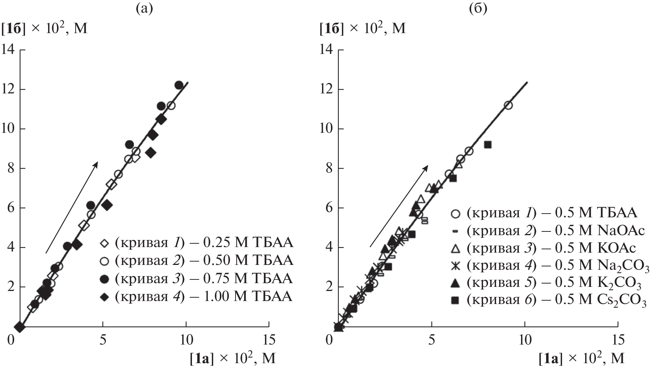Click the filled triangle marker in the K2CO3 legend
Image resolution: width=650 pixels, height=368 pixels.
pos(455,284)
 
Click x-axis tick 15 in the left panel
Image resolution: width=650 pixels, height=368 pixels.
pos(269,339)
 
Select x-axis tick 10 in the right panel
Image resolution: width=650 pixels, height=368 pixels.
pos(525,339)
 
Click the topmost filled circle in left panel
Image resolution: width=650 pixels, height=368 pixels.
pos(179,85)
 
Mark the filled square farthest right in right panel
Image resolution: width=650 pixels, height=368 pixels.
pos(487,145)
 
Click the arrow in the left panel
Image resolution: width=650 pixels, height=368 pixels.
pos(71,208)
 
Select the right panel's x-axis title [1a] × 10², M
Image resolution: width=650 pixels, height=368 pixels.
pos(581,359)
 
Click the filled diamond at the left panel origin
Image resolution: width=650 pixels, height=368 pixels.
pos(19,327)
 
